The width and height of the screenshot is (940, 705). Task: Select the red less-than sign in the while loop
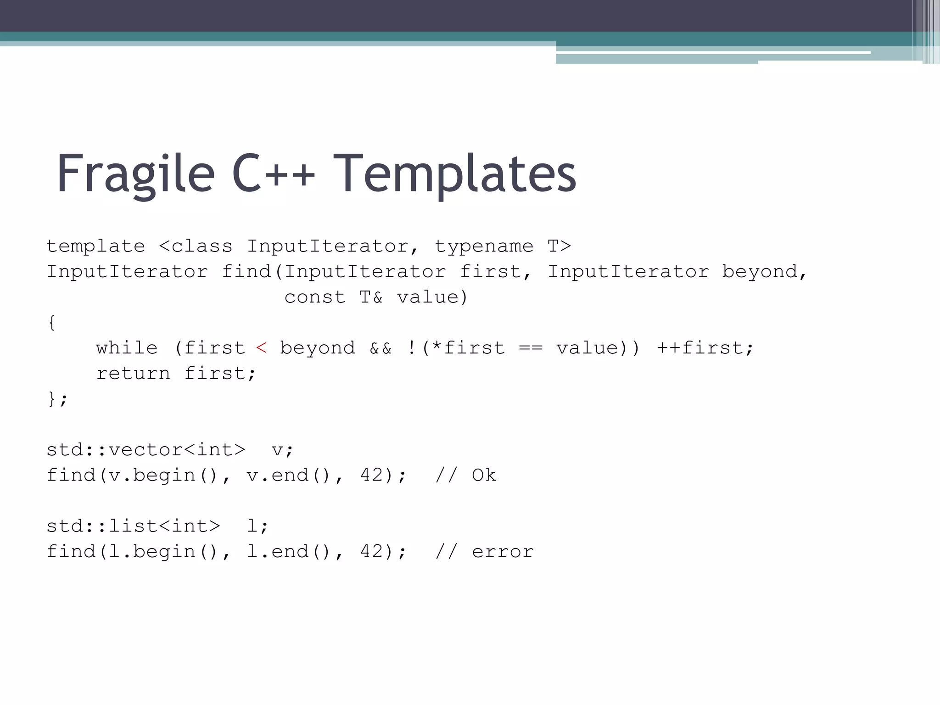click(261, 348)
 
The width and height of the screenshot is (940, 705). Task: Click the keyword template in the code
click(95, 246)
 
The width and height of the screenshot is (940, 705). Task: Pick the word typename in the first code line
click(484, 246)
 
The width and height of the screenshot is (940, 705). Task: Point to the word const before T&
click(314, 297)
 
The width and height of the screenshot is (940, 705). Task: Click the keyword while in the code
click(127, 348)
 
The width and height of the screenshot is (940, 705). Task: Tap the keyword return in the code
click(133, 374)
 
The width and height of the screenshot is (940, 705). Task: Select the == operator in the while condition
click(531, 348)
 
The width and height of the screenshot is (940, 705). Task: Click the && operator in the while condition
click(380, 348)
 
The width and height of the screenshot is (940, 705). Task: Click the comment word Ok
click(484, 476)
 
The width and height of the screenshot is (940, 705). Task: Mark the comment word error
click(503, 552)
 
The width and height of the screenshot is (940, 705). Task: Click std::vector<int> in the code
click(146, 450)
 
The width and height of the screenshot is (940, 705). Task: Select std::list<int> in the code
click(133, 526)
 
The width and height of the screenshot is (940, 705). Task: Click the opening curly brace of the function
click(52, 323)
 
